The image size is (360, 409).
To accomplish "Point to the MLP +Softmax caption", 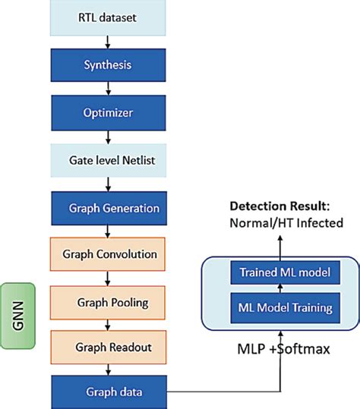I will (283, 350).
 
